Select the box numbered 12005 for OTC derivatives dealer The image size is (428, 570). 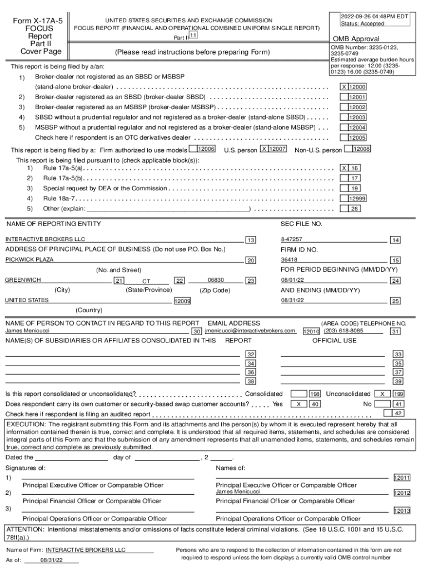tap(356, 137)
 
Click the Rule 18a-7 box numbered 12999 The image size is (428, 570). tap(356, 198)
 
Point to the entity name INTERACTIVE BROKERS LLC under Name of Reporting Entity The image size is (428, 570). tap(46, 239)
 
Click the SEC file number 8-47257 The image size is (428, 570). tap(292, 239)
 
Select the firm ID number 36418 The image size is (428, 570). tap(289, 259)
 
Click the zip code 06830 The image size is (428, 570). tap(215, 280)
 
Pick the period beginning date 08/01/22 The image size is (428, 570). tap(292, 280)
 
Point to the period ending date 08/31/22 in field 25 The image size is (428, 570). tap(292, 301)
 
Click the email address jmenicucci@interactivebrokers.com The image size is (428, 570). tap(250, 331)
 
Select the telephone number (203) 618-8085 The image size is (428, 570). tap(344, 331)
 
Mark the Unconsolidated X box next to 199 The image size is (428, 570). tap(382, 394)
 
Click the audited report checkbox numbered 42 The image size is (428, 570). tap(391, 413)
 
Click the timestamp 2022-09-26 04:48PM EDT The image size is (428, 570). tap(374, 17)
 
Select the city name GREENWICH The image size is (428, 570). tap(23, 280)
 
